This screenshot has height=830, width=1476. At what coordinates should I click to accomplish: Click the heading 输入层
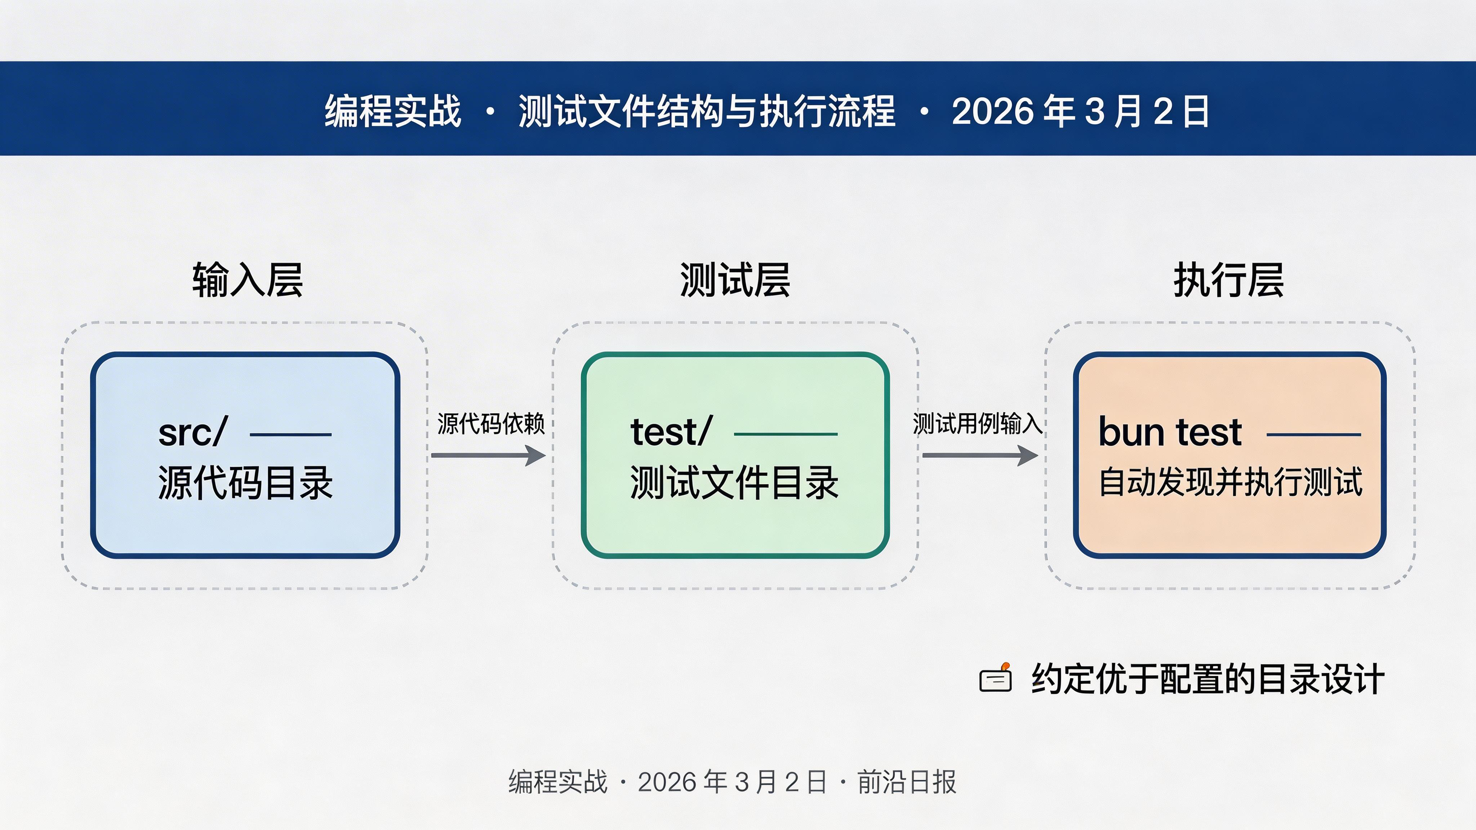pos(248,280)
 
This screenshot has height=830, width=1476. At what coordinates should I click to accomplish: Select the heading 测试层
pos(735,280)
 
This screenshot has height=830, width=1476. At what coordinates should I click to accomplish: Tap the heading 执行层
pos(1228,280)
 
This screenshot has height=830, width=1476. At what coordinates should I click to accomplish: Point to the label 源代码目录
pos(245,482)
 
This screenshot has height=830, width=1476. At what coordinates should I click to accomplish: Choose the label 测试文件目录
pos(734,482)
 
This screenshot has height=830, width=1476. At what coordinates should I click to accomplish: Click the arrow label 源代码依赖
pos(490,424)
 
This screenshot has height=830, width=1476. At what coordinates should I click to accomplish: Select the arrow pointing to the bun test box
pos(980,455)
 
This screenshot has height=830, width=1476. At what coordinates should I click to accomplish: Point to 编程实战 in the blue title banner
pos(393,111)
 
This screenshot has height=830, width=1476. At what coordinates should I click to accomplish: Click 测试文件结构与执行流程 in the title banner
pos(707,111)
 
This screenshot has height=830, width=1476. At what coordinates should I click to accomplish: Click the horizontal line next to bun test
pos(1313,435)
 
